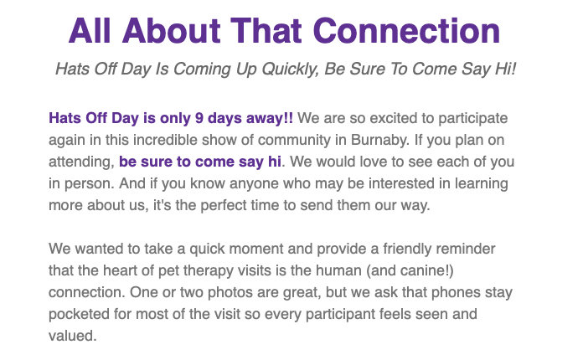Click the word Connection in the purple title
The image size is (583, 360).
click(x=407, y=31)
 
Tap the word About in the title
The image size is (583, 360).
click(x=172, y=31)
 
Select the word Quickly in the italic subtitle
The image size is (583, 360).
click(x=291, y=69)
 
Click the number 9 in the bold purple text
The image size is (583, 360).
click(x=199, y=118)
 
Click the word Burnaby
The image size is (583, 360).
click(x=380, y=140)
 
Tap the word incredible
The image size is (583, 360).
click(x=164, y=140)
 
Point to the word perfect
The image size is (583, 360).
click(x=229, y=205)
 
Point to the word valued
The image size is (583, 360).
click(x=73, y=336)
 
